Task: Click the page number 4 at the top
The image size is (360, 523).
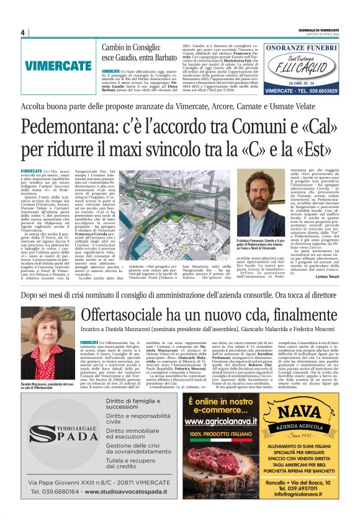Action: click(x=22, y=32)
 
